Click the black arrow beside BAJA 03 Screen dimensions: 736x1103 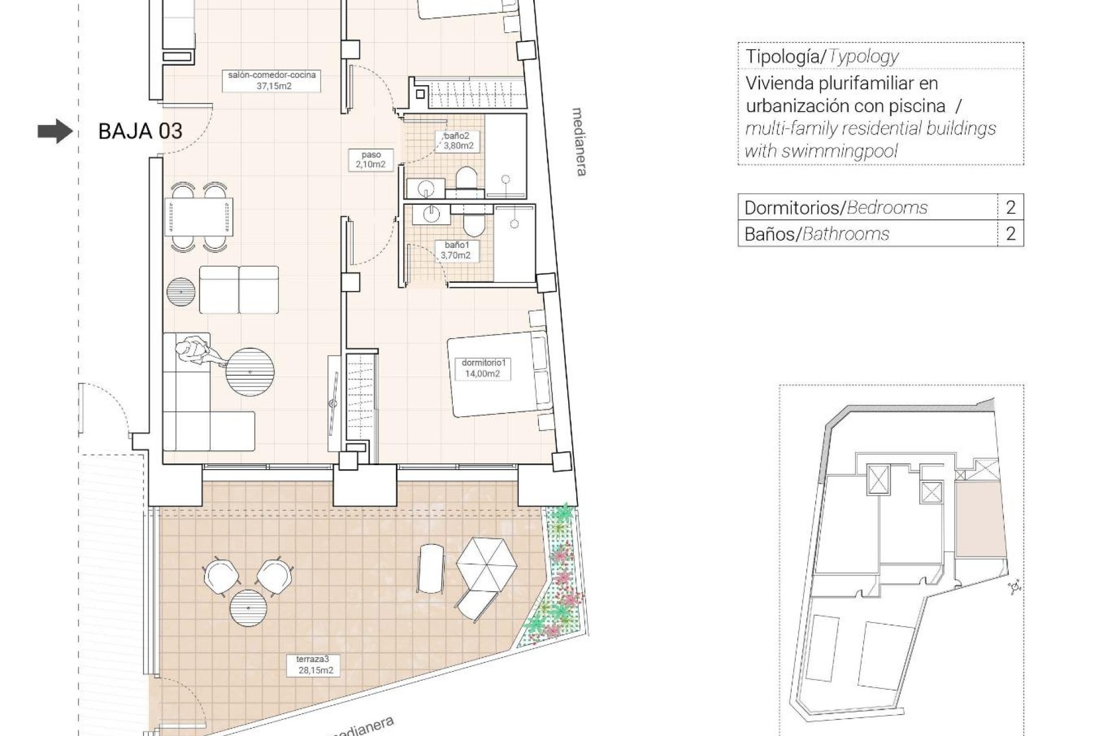(55, 132)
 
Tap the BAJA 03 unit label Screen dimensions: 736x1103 (140, 132)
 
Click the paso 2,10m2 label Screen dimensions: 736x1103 (371, 160)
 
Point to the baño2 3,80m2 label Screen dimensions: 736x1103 (458, 141)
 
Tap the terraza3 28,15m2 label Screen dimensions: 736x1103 (315, 665)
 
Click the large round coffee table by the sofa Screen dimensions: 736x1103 (250, 371)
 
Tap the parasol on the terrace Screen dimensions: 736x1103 (487, 563)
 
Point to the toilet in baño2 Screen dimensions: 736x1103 (466, 178)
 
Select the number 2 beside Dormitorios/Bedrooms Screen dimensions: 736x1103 (1011, 207)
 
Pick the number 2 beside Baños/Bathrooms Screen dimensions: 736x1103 (1011, 233)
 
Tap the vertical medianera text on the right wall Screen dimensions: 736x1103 (579, 141)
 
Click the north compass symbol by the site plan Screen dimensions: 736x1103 (1015, 587)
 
